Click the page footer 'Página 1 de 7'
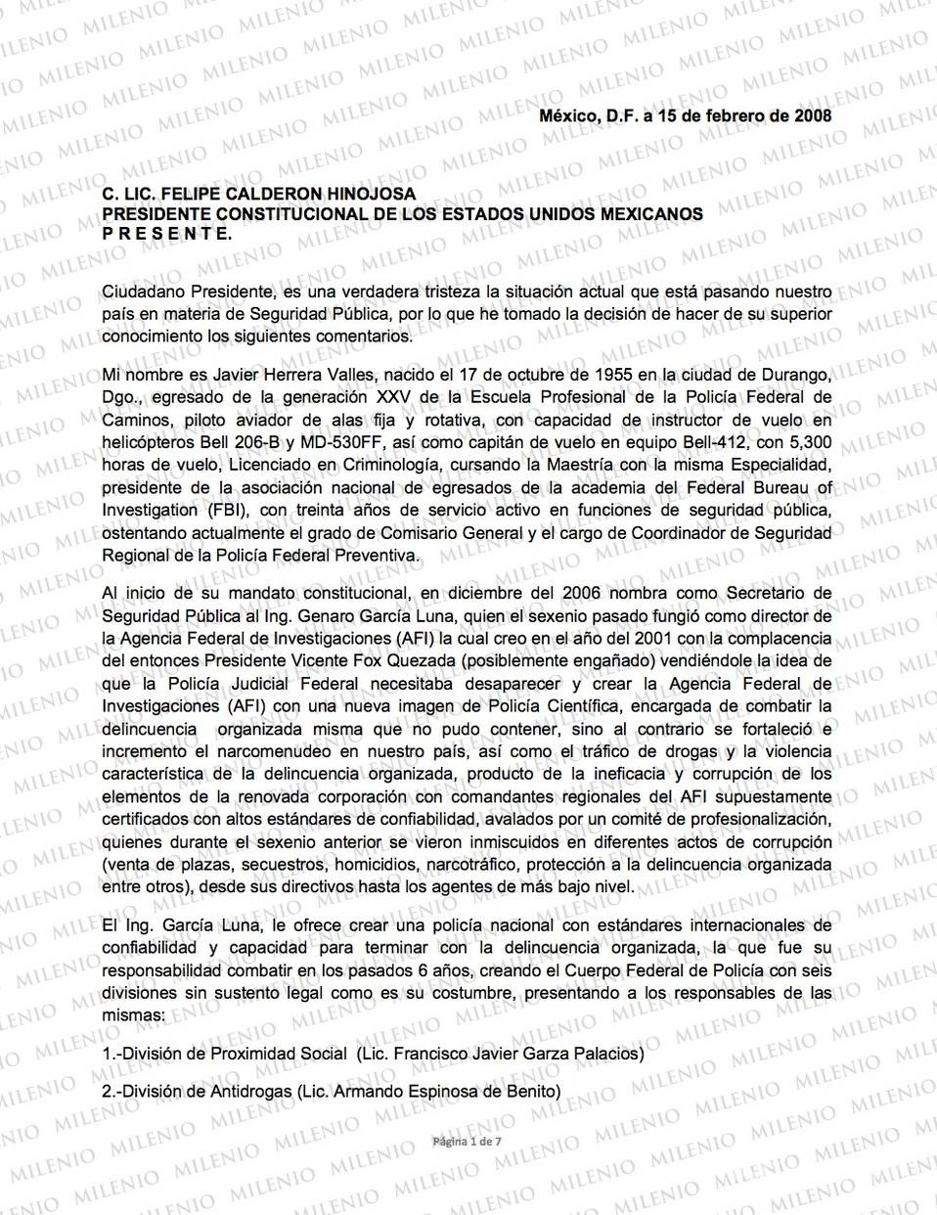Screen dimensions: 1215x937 (x=469, y=1142)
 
